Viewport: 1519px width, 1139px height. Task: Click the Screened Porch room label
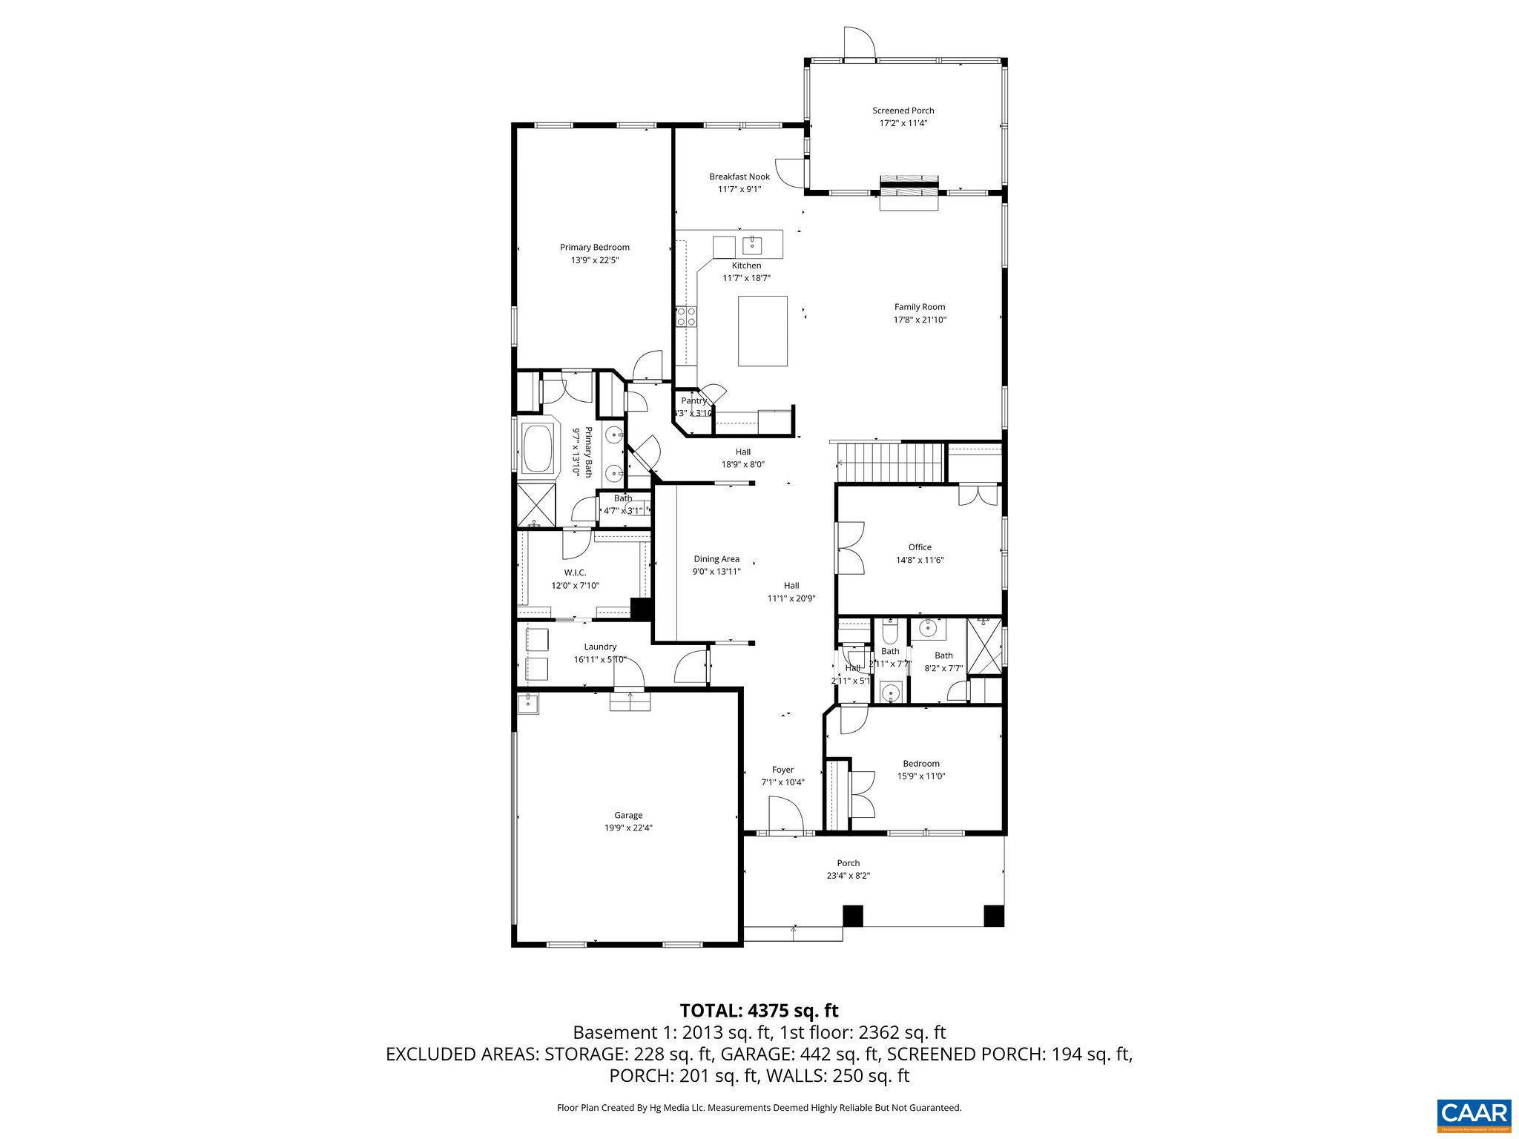click(x=903, y=110)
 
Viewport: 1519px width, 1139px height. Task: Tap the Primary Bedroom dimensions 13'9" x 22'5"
click(x=594, y=260)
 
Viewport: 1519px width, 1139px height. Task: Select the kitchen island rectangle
click(x=762, y=331)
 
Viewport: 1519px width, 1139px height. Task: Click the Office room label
click(x=920, y=547)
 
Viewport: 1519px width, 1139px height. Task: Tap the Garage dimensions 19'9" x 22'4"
click(x=627, y=828)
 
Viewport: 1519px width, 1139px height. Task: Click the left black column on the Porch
click(x=853, y=915)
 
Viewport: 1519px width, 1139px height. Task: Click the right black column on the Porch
click(x=993, y=915)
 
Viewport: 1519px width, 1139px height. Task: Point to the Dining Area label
click(x=716, y=559)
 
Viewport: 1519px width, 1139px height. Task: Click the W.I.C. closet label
click(x=575, y=572)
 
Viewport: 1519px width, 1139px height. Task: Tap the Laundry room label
click(x=600, y=647)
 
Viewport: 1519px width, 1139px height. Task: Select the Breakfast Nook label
click(x=739, y=176)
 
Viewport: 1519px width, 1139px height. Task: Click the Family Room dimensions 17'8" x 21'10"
click(x=920, y=320)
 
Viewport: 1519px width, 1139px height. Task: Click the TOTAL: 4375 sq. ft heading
click(x=759, y=1010)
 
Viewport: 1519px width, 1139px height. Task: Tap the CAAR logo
click(x=1473, y=1114)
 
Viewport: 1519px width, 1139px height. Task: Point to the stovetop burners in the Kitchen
click(x=686, y=317)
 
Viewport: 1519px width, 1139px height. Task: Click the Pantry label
click(x=693, y=400)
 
